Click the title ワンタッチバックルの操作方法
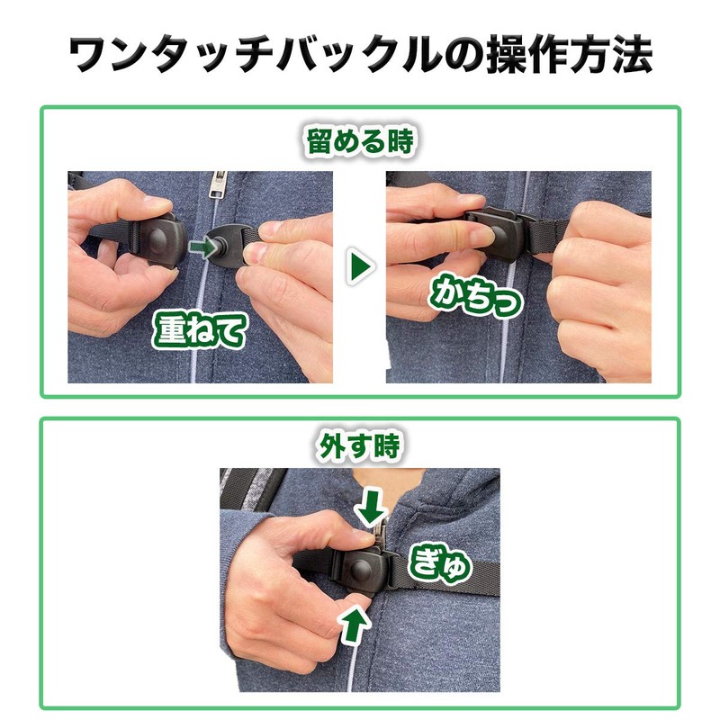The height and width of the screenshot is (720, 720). pos(361,54)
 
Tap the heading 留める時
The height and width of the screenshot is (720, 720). pos(361,140)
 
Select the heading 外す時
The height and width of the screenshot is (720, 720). pos(359,445)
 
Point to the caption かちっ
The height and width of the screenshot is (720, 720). pos(475,295)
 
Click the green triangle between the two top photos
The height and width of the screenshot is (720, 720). pos(359,266)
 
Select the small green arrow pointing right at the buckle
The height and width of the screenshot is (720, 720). pos(202,248)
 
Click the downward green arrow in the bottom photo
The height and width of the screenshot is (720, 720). pos(371,507)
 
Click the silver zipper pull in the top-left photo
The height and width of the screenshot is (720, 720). pos(218,184)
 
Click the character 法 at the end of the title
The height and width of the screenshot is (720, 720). pos(633,54)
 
